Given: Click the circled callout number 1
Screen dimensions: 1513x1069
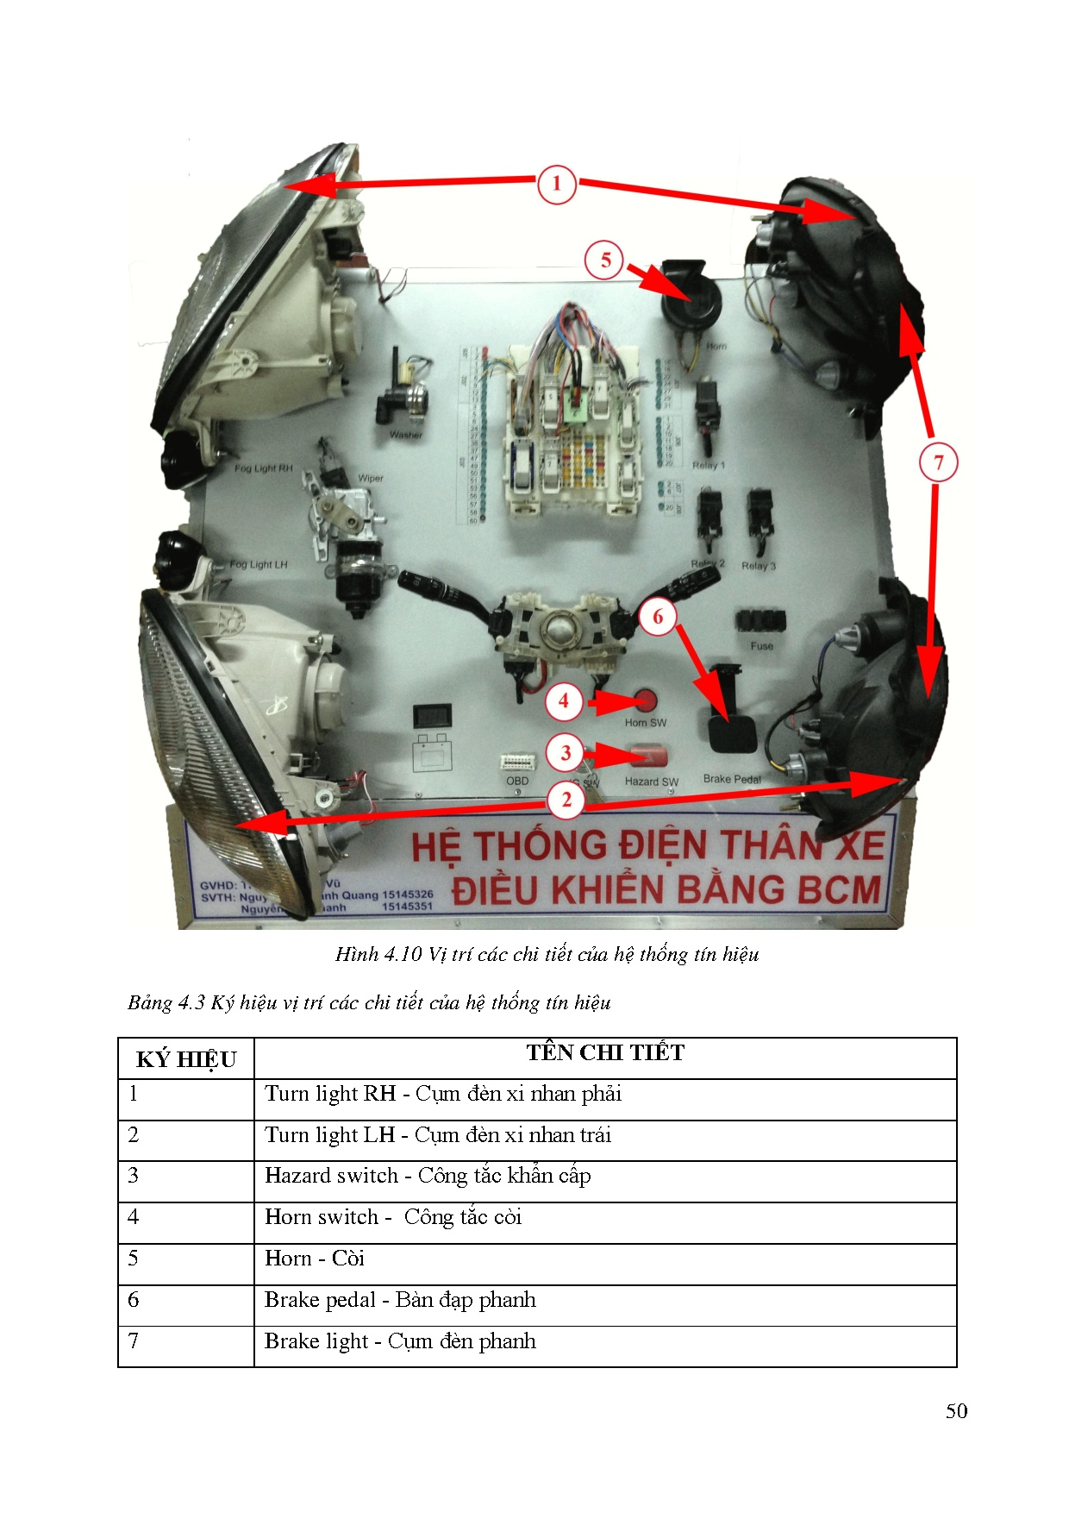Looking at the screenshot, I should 556,183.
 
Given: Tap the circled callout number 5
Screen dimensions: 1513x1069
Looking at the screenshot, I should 605,261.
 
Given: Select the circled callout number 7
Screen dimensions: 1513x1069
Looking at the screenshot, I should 938,462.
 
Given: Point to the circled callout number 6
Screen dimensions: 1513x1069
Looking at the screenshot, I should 658,617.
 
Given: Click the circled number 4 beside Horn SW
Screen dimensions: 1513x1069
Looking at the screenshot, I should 564,701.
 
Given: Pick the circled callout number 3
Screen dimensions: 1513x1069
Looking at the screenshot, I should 566,753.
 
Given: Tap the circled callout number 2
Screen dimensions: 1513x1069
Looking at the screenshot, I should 566,800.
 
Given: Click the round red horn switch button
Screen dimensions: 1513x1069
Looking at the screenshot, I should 645,700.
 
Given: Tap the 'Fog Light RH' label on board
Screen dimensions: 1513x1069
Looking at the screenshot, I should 263,468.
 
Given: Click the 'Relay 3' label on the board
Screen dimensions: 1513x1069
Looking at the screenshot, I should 758,566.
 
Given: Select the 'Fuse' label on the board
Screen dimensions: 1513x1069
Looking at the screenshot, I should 761,645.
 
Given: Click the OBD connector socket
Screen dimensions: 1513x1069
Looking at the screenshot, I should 517,763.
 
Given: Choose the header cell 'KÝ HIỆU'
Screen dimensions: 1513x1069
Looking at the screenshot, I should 186,1059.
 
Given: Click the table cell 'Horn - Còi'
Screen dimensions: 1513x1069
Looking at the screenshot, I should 315,1259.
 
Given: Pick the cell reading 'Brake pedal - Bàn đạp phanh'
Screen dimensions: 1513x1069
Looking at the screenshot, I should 400,1300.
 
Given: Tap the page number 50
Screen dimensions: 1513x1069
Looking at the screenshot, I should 956,1411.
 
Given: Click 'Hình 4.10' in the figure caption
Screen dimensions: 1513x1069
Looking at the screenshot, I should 378,954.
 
